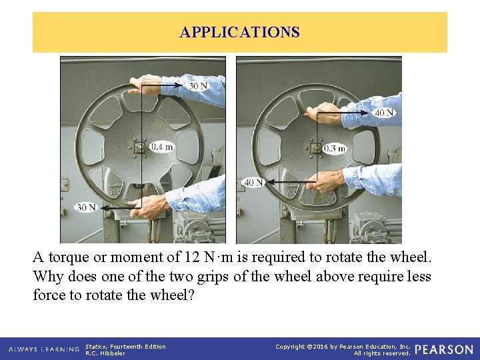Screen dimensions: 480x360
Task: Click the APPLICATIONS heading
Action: (240, 32)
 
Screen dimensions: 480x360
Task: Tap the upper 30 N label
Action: (198, 86)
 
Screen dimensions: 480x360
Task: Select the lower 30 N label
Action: (86, 207)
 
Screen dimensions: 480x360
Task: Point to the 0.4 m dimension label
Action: (161, 147)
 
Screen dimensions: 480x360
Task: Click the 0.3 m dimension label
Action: (334, 149)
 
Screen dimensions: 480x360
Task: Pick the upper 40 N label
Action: (384, 113)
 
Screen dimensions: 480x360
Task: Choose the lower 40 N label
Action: (254, 183)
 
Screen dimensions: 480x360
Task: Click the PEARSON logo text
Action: (444, 349)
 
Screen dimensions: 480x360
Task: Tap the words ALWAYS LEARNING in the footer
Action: (44, 349)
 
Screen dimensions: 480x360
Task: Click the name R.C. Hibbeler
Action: (105, 353)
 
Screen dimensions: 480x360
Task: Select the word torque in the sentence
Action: (69, 257)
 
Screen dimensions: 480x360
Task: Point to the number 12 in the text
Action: (192, 257)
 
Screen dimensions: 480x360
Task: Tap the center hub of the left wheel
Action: (140, 148)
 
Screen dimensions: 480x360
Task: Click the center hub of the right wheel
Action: (315, 149)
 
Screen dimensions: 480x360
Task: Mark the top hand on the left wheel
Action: (145, 85)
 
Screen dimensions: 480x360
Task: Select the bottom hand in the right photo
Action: (325, 181)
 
